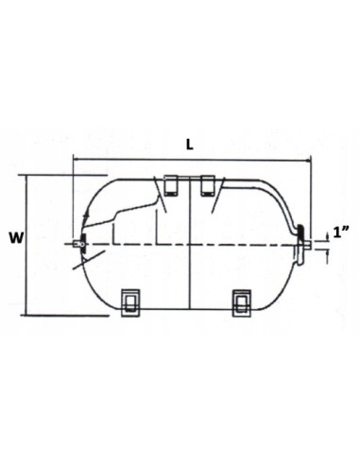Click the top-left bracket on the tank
(x=170, y=185)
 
